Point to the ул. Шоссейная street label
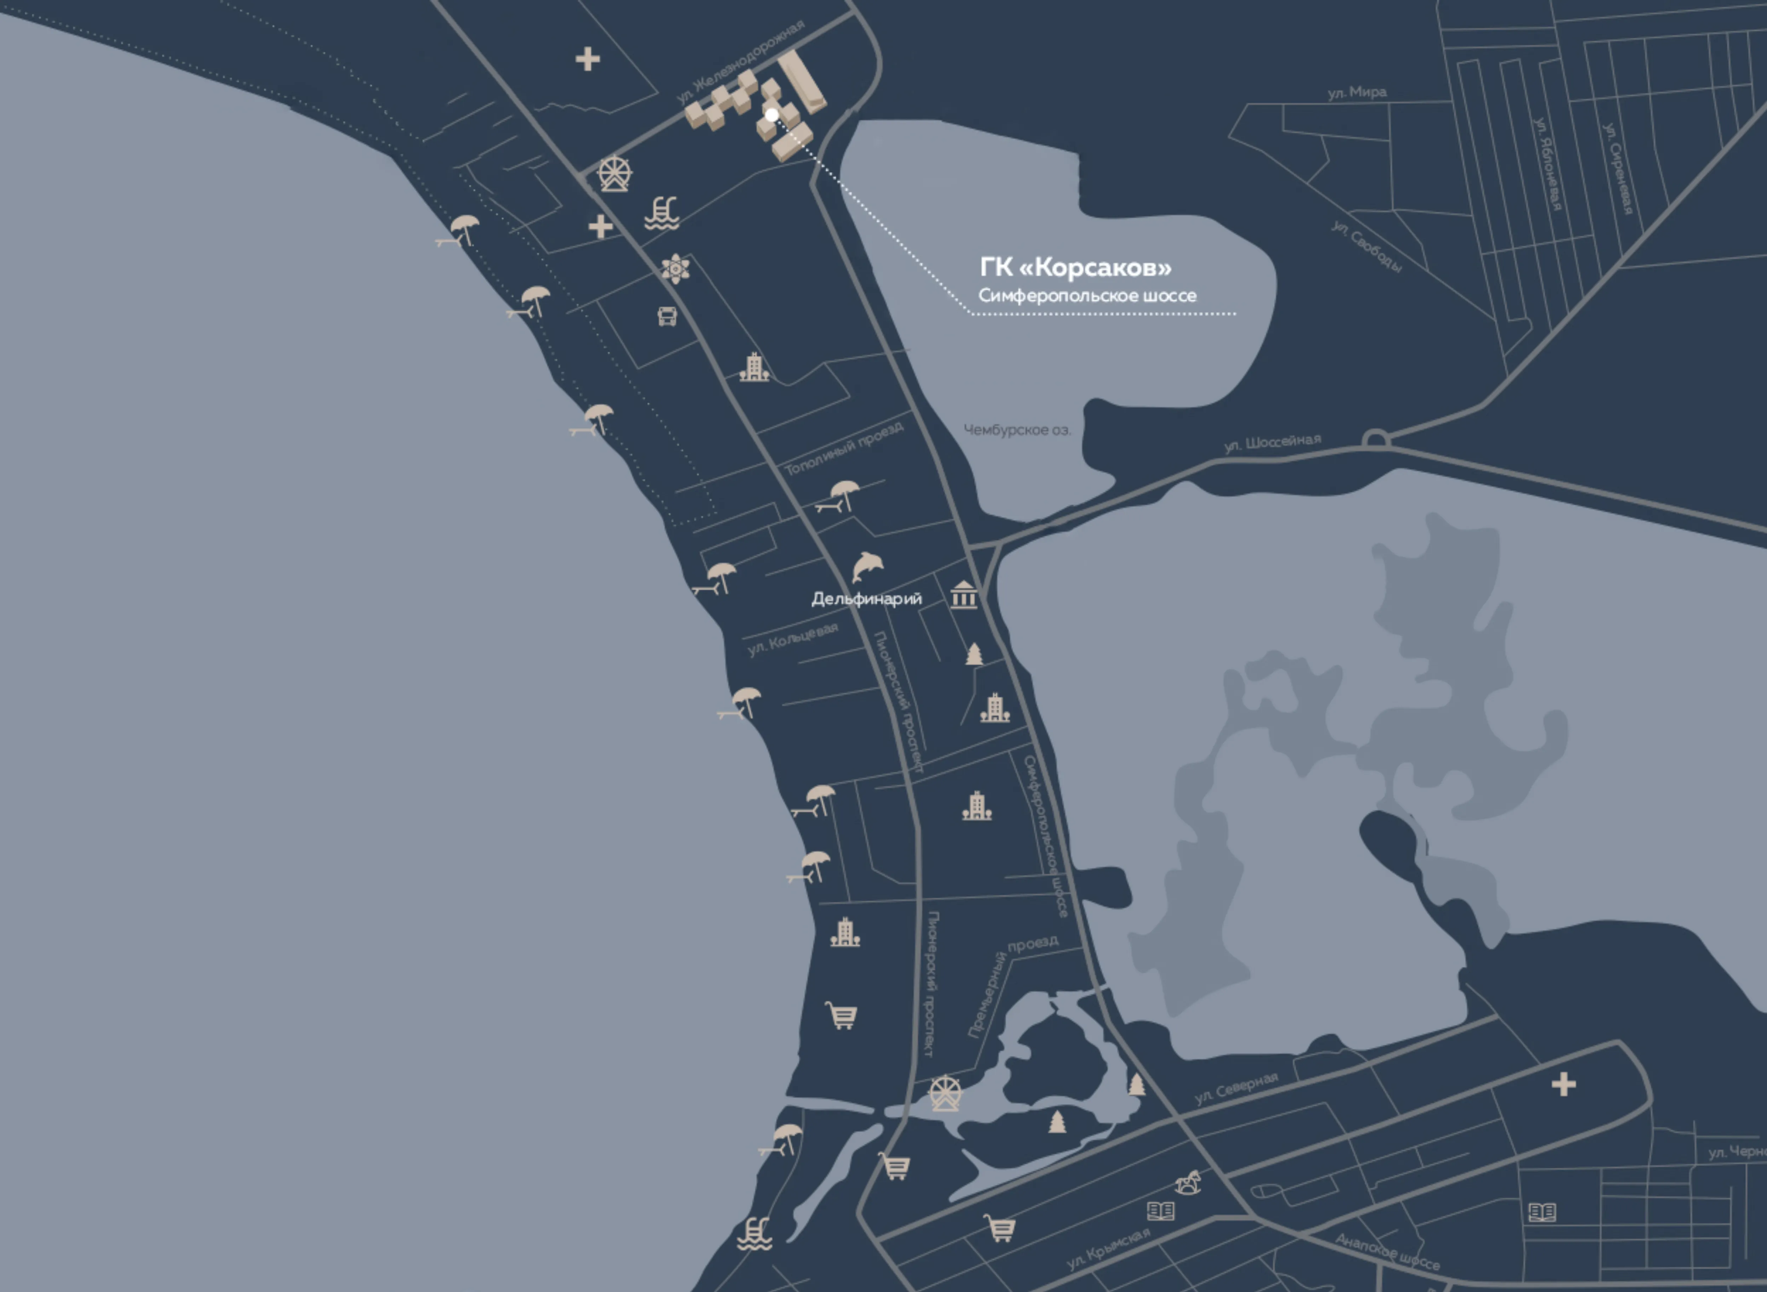coord(1272,443)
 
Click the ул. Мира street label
coord(1357,92)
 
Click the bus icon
coord(667,316)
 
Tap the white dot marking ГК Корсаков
coord(772,115)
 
